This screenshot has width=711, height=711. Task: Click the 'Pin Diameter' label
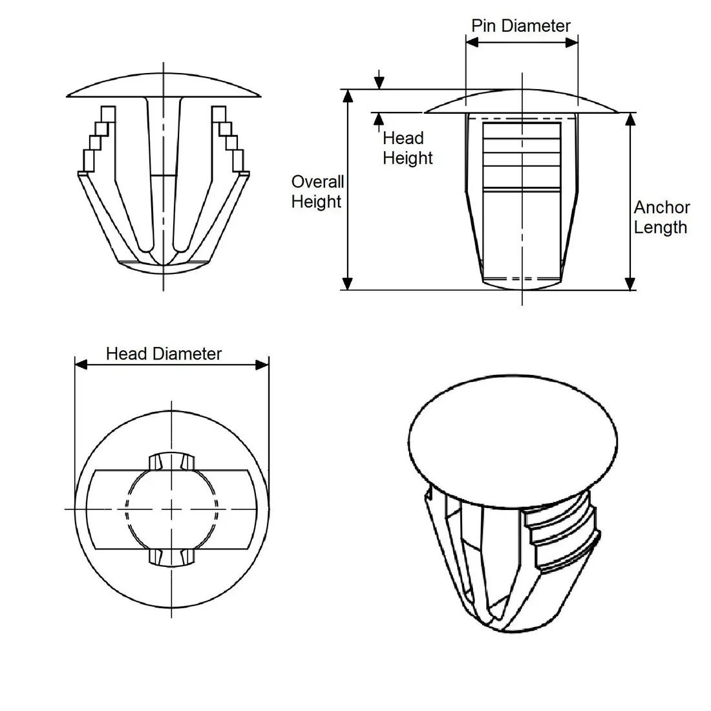[520, 26]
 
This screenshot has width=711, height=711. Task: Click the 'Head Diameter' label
[164, 354]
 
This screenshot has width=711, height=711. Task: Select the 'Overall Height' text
[317, 191]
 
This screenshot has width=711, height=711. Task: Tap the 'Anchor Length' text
[661, 217]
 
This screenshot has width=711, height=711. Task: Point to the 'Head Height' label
[407, 148]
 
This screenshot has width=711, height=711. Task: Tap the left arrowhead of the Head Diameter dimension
[81, 365]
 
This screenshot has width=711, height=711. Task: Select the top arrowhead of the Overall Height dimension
[348, 96]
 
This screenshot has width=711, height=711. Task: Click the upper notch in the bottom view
[172, 461]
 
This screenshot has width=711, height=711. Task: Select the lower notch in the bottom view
[172, 557]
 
